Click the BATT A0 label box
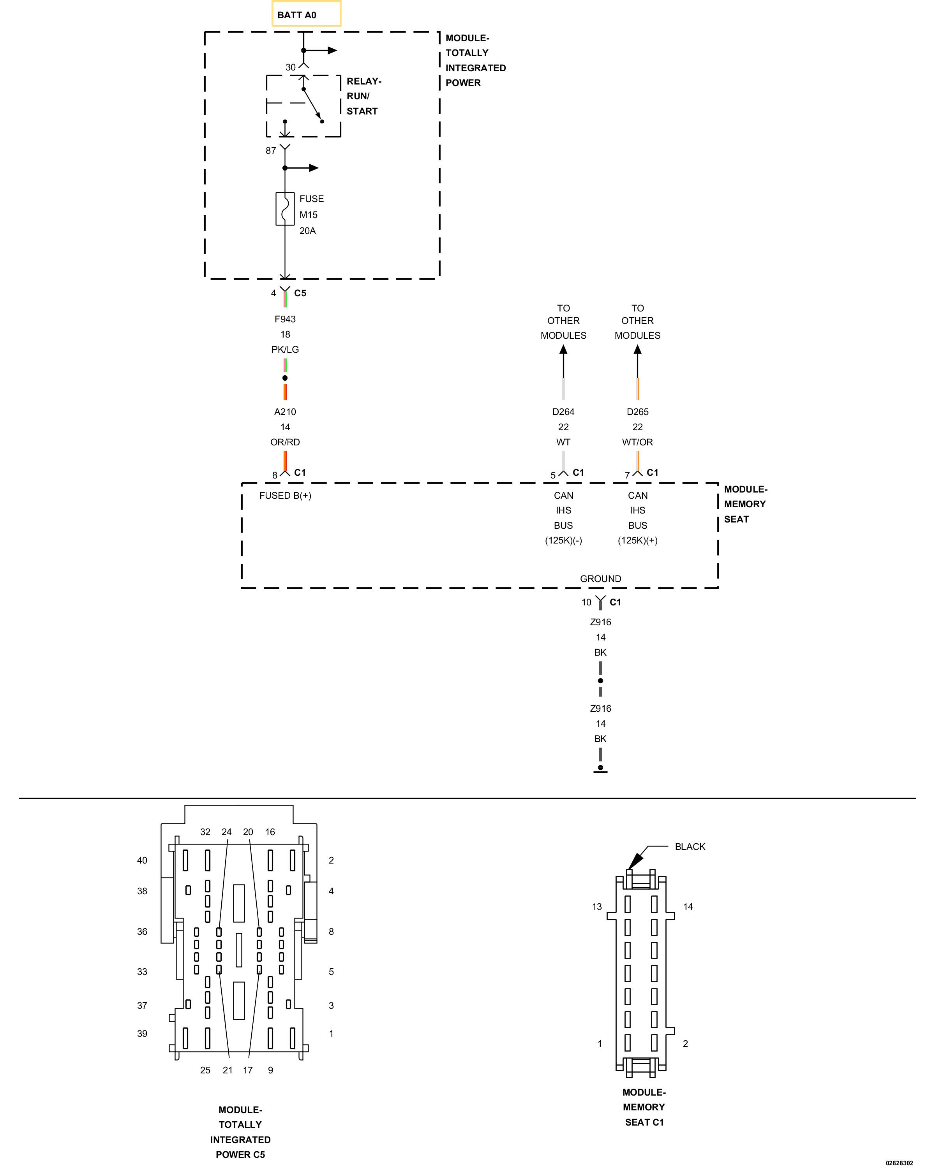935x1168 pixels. coord(306,14)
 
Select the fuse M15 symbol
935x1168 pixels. coord(285,209)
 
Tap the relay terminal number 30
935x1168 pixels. coord(291,67)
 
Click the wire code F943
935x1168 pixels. coord(285,319)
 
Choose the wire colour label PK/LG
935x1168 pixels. coord(285,349)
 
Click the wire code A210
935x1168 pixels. coord(285,412)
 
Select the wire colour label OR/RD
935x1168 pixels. coord(285,442)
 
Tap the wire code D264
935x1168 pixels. coord(563,412)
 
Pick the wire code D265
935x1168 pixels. coord(637,412)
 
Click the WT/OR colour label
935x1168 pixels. coord(637,442)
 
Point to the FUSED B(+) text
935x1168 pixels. coord(285,495)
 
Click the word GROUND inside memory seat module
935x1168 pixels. coord(601,579)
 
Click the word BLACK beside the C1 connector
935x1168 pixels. coord(690,847)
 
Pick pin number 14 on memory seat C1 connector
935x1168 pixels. coord(688,906)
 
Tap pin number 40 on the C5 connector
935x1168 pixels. coord(142,860)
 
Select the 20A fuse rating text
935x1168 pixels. coord(307,231)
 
